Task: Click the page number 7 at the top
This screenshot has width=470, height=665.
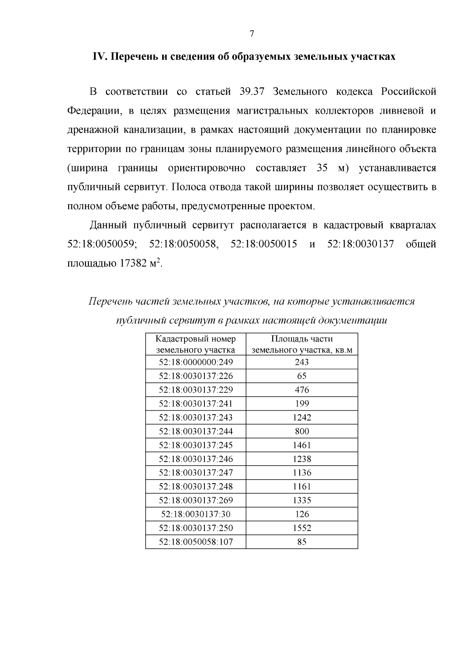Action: [x=252, y=34]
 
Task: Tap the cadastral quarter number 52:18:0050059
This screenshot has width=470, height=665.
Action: [x=101, y=244]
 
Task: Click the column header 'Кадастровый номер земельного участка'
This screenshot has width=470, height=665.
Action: [x=195, y=344]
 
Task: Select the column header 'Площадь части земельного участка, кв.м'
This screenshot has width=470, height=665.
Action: [x=302, y=344]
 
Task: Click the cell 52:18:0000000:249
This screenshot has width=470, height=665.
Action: [x=195, y=362]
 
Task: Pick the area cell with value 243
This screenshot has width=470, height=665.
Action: [x=302, y=362]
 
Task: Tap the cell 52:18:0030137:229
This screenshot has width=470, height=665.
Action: [x=195, y=390]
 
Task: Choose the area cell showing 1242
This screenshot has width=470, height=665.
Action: [x=302, y=417]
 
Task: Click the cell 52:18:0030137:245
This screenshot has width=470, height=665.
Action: [x=195, y=445]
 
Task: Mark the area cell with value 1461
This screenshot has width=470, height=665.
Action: [x=302, y=445]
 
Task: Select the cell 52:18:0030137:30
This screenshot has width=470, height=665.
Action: [x=195, y=514]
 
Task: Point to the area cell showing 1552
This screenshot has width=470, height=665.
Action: [x=302, y=528]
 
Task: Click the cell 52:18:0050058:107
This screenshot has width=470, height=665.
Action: [x=195, y=542]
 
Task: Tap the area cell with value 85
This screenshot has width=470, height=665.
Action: [x=302, y=542]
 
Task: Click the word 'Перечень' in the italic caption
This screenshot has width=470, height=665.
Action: [x=110, y=302]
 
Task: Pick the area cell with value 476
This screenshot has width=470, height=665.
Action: [x=302, y=390]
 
